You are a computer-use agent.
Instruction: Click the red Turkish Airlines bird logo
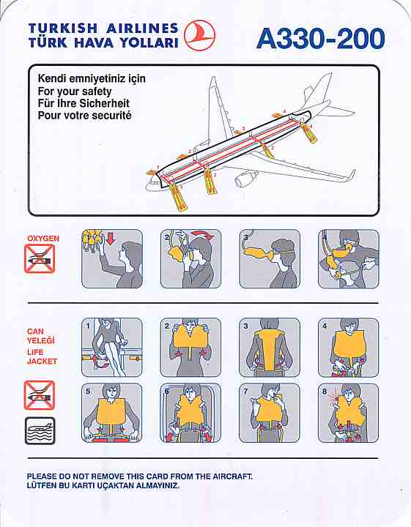[x=200, y=35]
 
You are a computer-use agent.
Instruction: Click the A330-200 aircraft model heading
[x=321, y=38]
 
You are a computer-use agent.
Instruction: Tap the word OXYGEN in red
[x=43, y=239]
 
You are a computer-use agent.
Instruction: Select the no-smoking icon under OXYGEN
[x=40, y=258]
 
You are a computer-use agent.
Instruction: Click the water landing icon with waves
[x=40, y=431]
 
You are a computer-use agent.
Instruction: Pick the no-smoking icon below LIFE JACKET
[x=39, y=395]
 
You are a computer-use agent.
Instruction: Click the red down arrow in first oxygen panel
[x=111, y=239]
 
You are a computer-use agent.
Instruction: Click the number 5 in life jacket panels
[x=88, y=391]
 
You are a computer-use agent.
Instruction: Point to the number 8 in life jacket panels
[x=325, y=391]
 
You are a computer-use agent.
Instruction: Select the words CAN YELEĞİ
[x=40, y=336]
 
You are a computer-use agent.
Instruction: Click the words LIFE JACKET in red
[x=42, y=356]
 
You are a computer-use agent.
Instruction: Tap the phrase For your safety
[x=74, y=91]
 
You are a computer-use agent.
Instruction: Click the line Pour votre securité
[x=84, y=116]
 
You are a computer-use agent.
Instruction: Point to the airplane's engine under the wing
[x=245, y=179]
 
